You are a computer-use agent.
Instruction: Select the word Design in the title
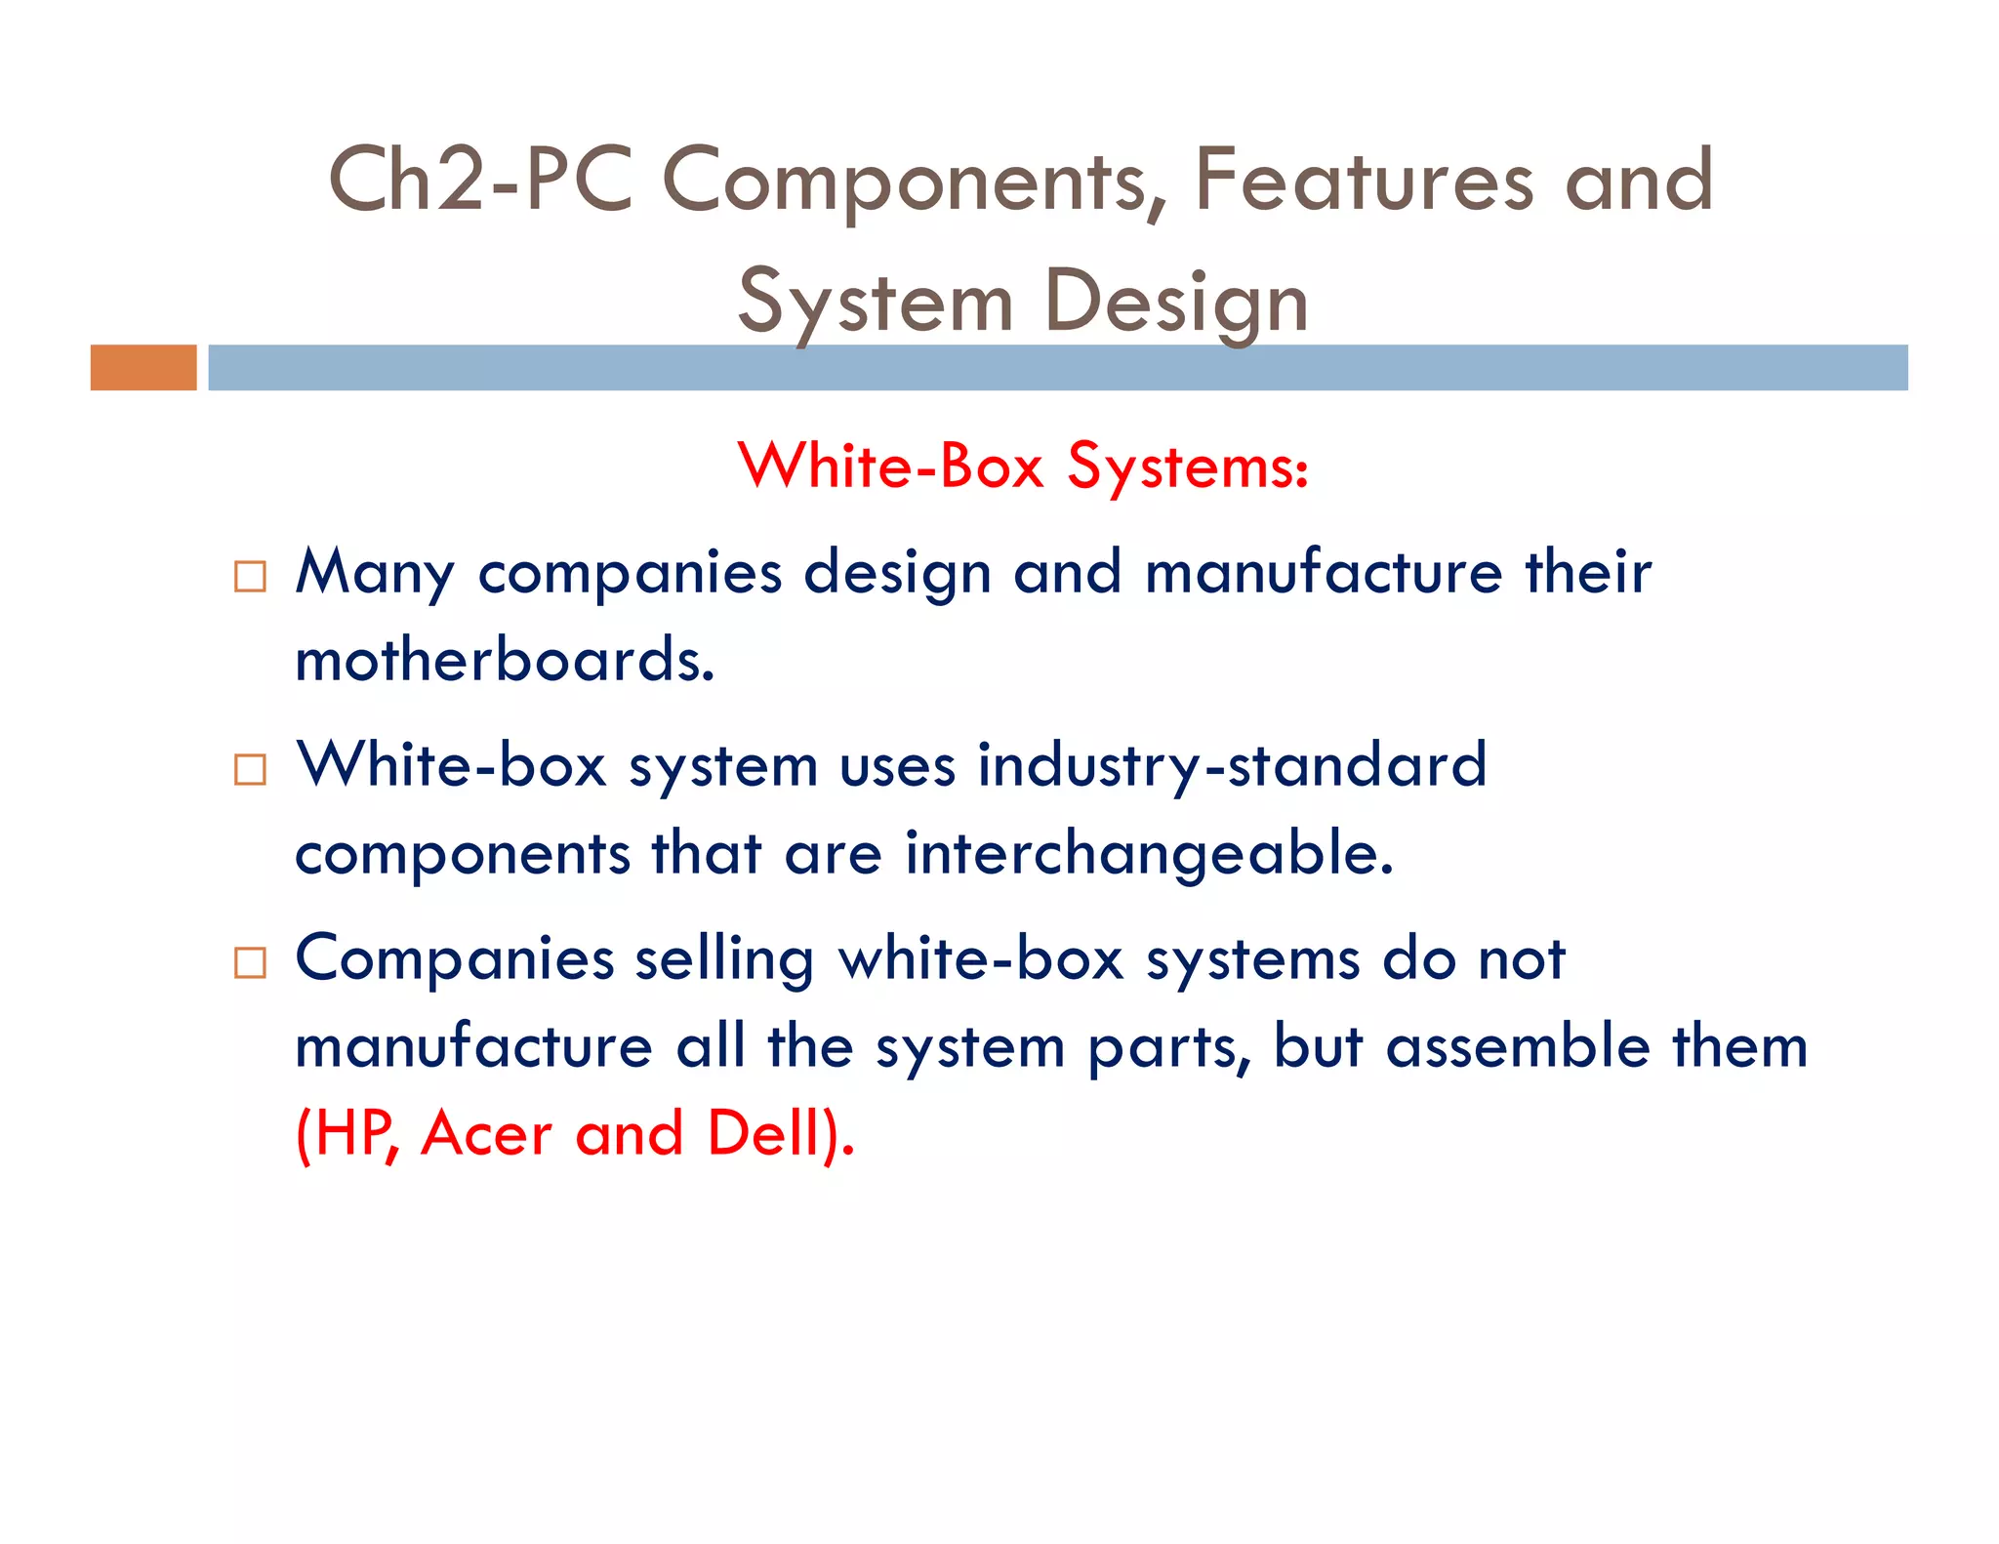(x=1175, y=303)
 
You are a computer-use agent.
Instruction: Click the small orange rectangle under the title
(x=143, y=368)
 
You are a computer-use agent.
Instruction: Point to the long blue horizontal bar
(x=1057, y=368)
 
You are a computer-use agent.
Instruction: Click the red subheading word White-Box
(x=891, y=466)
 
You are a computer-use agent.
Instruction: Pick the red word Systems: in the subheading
(x=1187, y=467)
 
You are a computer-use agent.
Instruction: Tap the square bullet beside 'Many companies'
(x=250, y=577)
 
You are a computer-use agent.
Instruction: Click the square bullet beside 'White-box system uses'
(x=250, y=770)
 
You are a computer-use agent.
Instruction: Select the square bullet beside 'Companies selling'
(x=250, y=963)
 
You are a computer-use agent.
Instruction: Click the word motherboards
(x=505, y=660)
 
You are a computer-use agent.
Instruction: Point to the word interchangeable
(x=1149, y=854)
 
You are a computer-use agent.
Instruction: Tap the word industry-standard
(x=1232, y=765)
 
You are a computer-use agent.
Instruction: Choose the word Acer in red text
(x=486, y=1134)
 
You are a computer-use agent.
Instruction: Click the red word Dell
(x=764, y=1134)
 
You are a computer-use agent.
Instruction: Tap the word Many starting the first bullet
(x=376, y=573)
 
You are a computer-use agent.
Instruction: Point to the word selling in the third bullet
(x=724, y=960)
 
